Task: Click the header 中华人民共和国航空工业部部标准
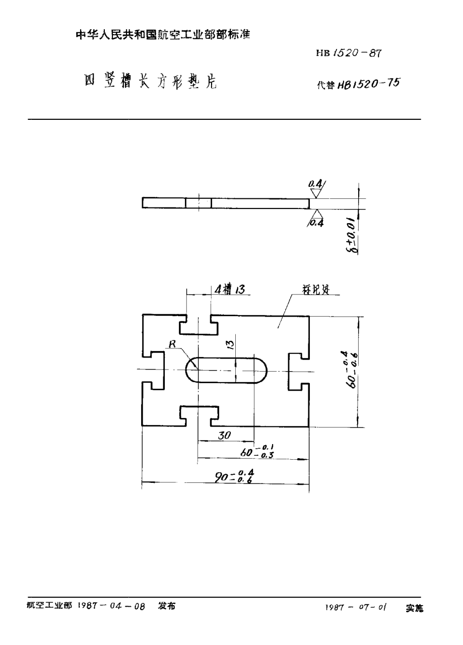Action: point(163,35)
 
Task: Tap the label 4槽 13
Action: point(229,289)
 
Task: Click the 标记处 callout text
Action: point(315,291)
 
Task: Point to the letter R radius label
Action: point(172,344)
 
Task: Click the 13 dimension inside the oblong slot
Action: point(229,344)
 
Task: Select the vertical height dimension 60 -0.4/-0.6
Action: point(353,369)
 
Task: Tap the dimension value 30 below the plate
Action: point(224,436)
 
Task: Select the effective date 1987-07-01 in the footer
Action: point(356,608)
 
